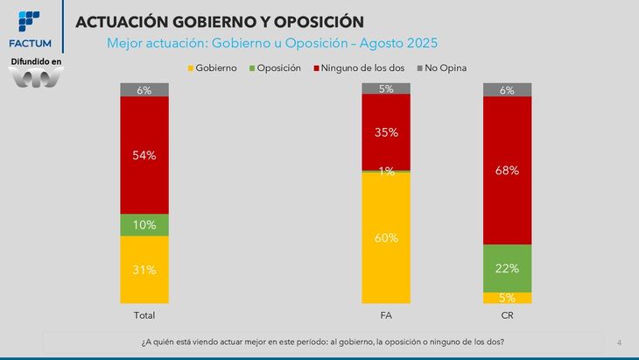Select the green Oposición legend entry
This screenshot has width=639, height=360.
tap(275, 67)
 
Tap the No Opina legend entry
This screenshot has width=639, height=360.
tap(446, 67)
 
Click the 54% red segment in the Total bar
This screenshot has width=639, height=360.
tap(144, 155)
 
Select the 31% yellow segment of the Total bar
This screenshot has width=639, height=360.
tap(144, 270)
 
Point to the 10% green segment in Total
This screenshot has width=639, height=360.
tap(144, 225)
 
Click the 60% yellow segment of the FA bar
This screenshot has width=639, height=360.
tap(386, 238)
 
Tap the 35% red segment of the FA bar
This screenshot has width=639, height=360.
tap(386, 132)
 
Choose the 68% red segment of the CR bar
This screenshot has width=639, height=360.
tap(507, 170)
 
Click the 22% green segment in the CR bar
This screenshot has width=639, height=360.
tap(507, 268)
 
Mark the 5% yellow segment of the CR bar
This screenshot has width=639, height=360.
tap(507, 298)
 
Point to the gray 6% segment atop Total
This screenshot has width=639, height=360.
tap(144, 89)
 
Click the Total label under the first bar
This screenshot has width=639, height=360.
tap(144, 314)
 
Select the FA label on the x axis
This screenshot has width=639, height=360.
tap(386, 314)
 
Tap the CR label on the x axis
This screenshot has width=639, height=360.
tap(507, 314)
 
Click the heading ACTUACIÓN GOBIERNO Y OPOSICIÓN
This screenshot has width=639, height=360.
tap(220, 20)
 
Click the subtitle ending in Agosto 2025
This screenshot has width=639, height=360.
tap(271, 42)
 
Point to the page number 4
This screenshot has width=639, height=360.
tap(619, 342)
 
